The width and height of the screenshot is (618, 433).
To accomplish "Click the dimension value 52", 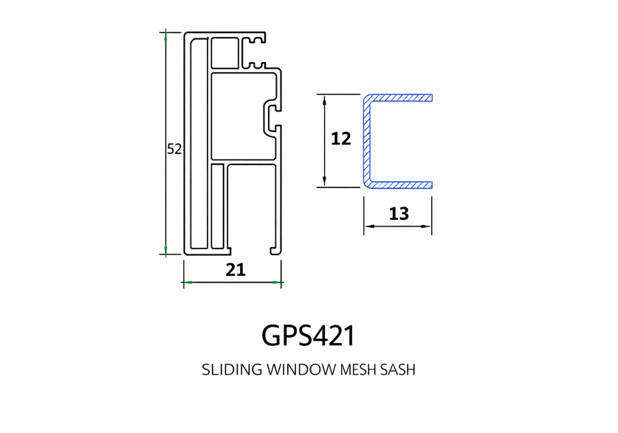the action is pos(174,149).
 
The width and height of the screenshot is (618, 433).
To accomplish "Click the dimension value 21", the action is pos(236,270).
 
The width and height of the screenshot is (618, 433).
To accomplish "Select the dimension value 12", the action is pos(341,139).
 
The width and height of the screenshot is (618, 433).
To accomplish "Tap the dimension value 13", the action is pos(399,214).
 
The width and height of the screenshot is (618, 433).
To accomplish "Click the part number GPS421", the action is pos(308,336).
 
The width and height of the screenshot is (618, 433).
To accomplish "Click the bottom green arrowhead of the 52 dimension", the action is pos(166,250).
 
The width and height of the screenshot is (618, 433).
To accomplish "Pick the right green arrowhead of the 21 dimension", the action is pos(277,283).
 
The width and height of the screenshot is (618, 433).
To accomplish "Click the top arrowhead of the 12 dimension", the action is pos(324,99).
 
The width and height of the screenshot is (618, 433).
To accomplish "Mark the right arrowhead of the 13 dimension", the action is pos(427,226).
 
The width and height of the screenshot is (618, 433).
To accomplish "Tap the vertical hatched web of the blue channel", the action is pos(367,142).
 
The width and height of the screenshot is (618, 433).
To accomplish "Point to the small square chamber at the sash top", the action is pos(225,53).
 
